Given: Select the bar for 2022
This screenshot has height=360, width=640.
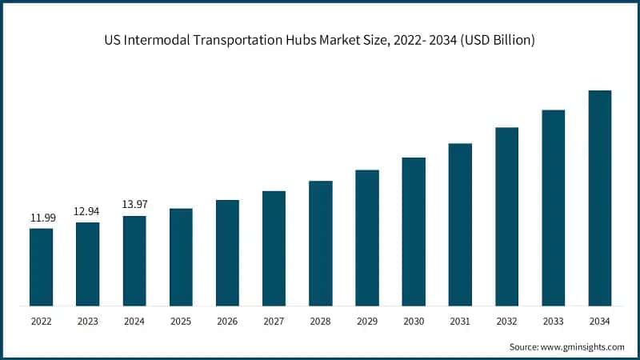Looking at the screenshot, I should click(42, 266).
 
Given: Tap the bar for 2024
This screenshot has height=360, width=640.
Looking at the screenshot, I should click(134, 260).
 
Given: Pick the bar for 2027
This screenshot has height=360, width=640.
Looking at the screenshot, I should click(274, 248).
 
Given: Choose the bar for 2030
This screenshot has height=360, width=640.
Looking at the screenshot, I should click(414, 231).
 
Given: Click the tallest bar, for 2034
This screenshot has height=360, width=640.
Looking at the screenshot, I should click(599, 198).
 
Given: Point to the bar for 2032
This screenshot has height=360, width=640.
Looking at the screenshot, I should click(506, 216).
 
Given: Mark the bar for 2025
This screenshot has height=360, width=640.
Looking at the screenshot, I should click(181, 257).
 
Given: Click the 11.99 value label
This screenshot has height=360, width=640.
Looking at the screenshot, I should click(42, 218).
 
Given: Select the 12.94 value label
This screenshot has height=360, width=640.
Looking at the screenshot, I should click(88, 211).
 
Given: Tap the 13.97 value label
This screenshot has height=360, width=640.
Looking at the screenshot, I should click(134, 205).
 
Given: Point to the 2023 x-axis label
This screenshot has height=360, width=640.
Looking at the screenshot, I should click(88, 322).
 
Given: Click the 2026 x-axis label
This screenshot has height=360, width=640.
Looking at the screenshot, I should click(227, 322).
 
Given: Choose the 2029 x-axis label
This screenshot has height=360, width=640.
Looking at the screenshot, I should click(367, 322).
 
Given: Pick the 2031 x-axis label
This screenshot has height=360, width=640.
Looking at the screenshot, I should click(460, 322).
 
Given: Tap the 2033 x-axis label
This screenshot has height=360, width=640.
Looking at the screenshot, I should click(553, 322).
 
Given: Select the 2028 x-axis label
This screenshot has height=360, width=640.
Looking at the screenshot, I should click(320, 322).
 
